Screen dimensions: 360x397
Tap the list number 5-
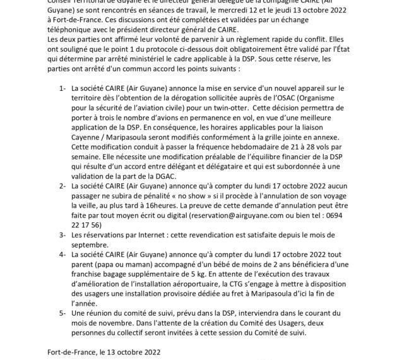(62, 313)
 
